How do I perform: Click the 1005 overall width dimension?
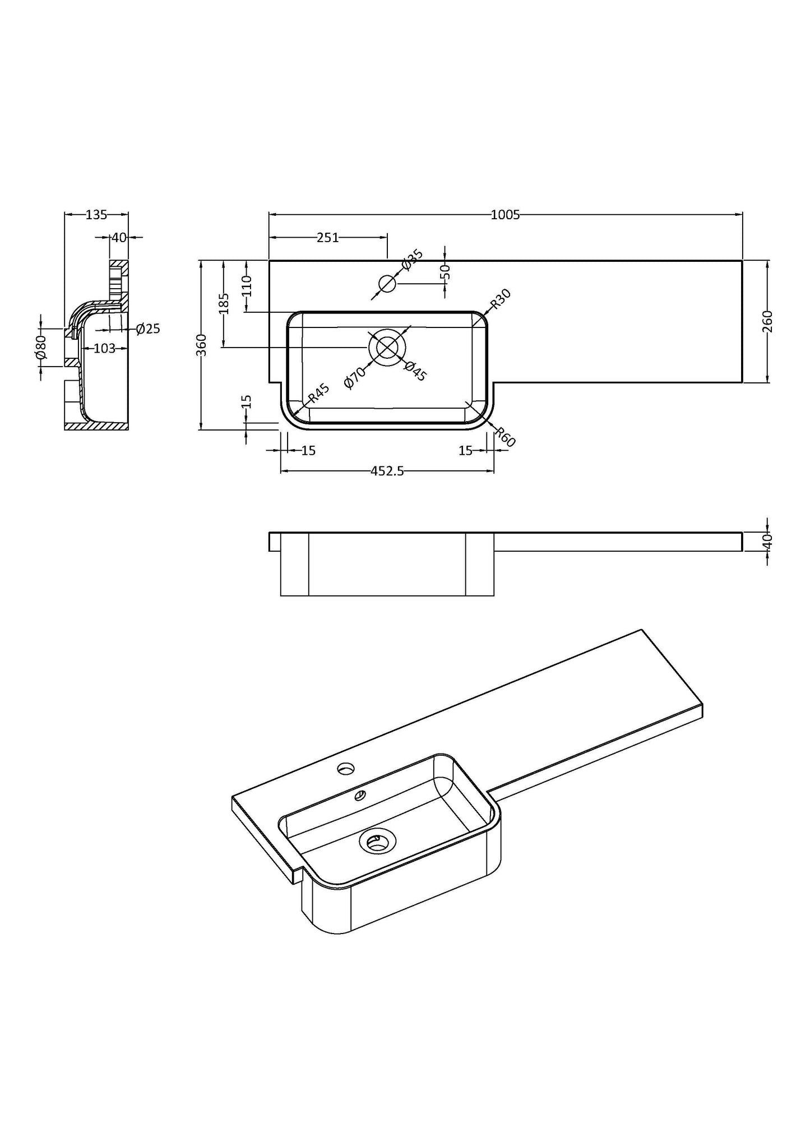click(x=505, y=214)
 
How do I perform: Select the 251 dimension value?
click(x=327, y=237)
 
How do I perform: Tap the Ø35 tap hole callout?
click(x=413, y=260)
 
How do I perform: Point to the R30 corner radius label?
click(x=501, y=299)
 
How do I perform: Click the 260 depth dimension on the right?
click(x=767, y=321)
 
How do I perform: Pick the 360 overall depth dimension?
click(x=202, y=345)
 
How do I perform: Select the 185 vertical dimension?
click(x=224, y=303)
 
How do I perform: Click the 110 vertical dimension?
click(x=247, y=286)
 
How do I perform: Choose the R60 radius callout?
click(x=505, y=436)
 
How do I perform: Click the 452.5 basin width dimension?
click(x=387, y=472)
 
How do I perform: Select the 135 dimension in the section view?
click(x=96, y=214)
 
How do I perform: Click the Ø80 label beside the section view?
click(x=40, y=348)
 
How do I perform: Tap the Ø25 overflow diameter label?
click(x=148, y=329)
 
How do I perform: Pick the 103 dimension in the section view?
click(x=104, y=348)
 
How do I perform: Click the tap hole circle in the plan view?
click(x=387, y=284)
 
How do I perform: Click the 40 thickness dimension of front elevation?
click(x=767, y=541)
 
